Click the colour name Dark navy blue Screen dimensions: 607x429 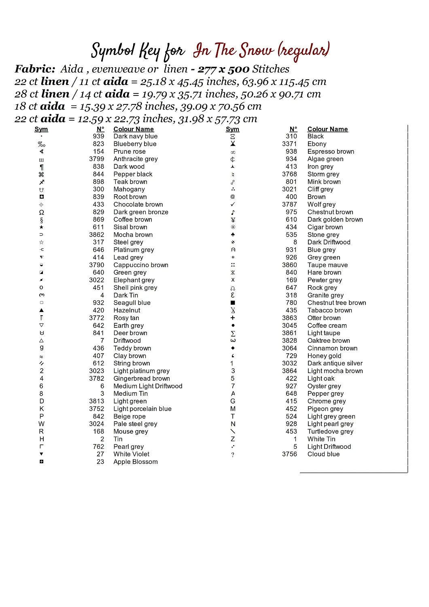[x=135, y=136]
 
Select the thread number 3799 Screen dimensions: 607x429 [x=97, y=159]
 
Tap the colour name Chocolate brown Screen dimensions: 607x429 [x=138, y=204]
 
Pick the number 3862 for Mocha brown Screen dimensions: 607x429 [x=97, y=235]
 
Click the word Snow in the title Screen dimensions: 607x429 [x=256, y=51]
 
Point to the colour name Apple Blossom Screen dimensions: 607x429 [x=135, y=462]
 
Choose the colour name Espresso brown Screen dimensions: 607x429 [x=330, y=151]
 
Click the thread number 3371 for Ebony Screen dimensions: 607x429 [x=289, y=144]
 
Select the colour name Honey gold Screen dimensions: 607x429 [x=324, y=356]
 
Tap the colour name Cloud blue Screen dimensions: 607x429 [x=323, y=454]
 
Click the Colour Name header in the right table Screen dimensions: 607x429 [x=327, y=129]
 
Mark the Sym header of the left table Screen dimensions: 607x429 [x=41, y=129]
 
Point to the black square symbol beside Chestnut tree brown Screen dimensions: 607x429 [x=233, y=303]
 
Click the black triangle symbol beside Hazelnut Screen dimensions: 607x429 [x=41, y=310]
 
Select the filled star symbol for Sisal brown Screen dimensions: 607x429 [x=41, y=227]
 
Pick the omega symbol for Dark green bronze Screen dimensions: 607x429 [x=41, y=212]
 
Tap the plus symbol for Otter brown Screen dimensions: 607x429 [x=233, y=318]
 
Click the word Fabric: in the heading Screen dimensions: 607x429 [x=35, y=69]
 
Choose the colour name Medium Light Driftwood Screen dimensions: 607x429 [x=148, y=386]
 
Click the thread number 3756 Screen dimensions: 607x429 [x=289, y=454]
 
